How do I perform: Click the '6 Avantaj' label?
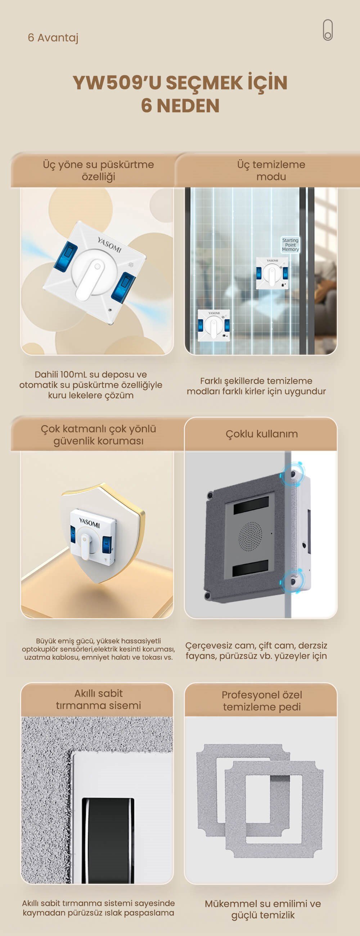pos(53,37)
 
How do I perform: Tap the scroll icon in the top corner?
pos(328,30)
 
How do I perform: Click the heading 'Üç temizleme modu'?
pos(271,170)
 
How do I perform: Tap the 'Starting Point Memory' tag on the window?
pos(290,245)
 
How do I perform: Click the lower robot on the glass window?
pos(213,325)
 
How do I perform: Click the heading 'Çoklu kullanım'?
pos(262,434)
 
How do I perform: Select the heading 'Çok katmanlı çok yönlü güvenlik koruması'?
pos(98,435)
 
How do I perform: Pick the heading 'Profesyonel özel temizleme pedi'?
pos(262,701)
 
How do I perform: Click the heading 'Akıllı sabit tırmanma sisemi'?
pos(98,699)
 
